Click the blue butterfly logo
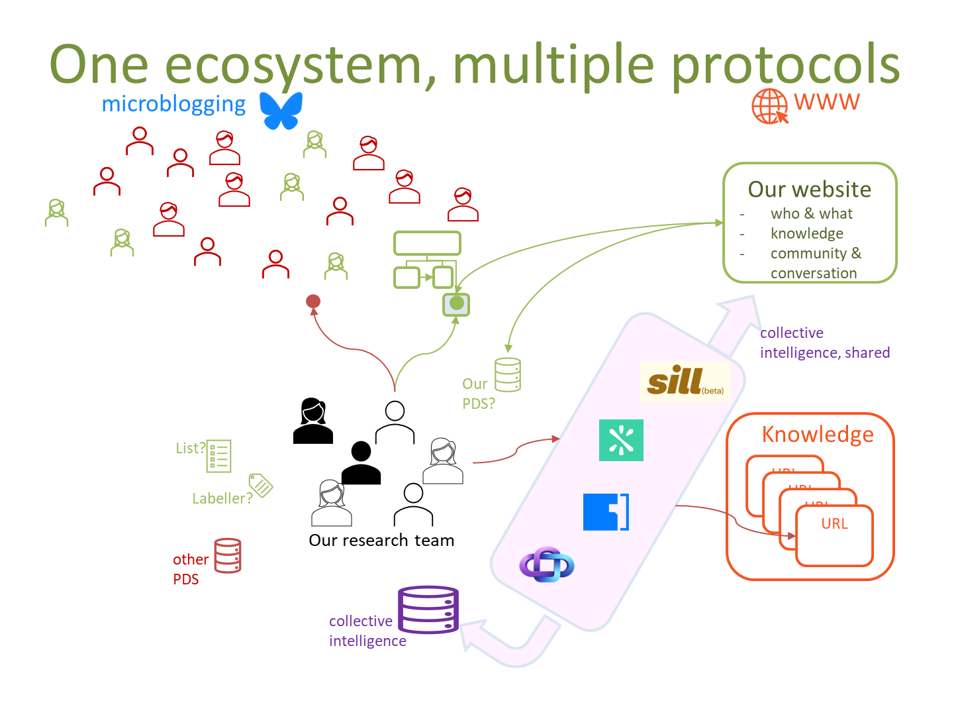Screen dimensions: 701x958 pos(281,110)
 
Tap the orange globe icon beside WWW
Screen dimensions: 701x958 pos(769,106)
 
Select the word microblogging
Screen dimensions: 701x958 pos(173,104)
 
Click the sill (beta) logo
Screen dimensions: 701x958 pos(685,382)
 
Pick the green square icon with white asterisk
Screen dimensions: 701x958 pos(621,440)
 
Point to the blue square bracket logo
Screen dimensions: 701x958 pos(606,512)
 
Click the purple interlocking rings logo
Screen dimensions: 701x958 pos(546,565)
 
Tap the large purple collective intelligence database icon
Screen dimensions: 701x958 pos(428,610)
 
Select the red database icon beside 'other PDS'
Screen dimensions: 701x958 pos(228,555)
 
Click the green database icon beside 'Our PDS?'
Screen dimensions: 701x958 pos(508,375)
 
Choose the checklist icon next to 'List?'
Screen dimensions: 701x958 pos(218,456)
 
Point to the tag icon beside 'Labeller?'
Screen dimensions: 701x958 pos(261,485)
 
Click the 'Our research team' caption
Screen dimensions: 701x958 pos(381,541)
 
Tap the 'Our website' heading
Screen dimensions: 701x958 pos(809,189)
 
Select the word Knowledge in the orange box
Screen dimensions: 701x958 pos(818,435)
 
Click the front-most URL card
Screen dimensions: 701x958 pos(834,535)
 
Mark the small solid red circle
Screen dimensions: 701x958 pos(313,301)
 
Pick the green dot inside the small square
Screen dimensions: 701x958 pos(456,304)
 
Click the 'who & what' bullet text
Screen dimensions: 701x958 pos(811,213)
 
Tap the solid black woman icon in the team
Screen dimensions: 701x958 pos(312,421)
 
